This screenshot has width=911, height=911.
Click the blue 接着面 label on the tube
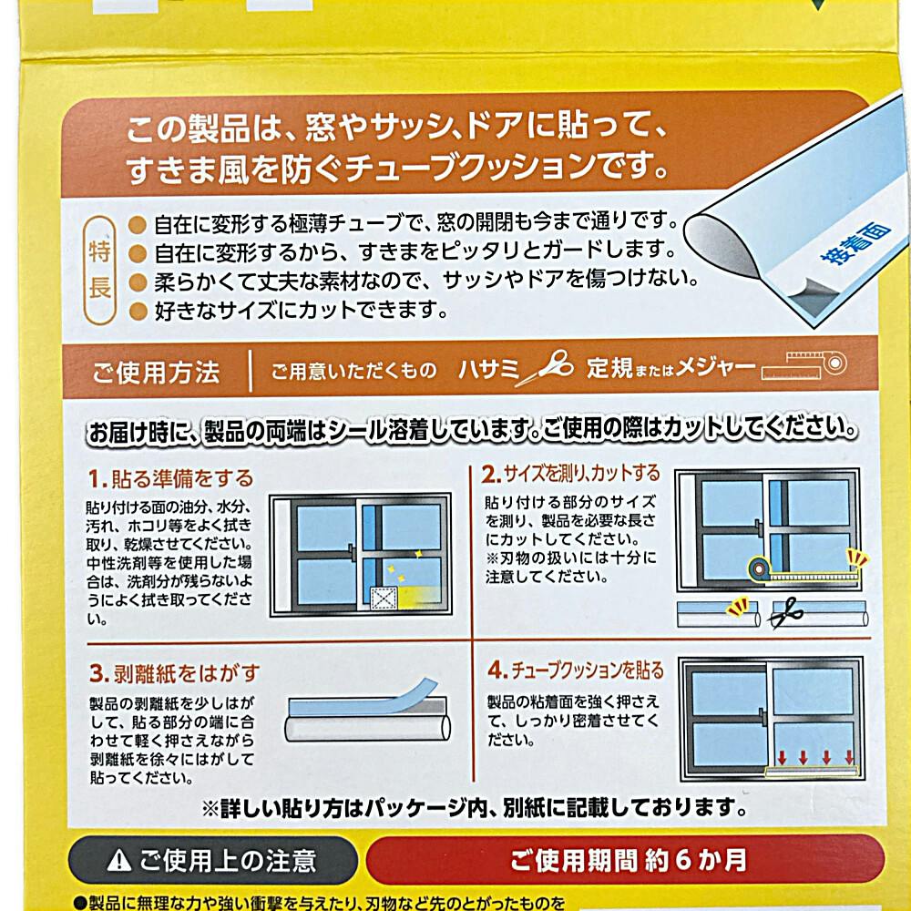pos(855,241)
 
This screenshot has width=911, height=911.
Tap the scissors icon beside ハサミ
pos(544,367)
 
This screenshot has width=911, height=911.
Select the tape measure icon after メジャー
pos(804,366)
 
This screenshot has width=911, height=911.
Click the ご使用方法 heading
pos(156,373)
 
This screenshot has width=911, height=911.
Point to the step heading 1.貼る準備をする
pos(171,479)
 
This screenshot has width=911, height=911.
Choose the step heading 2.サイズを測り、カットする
pos(570,474)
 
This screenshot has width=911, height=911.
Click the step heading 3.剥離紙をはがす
pos(174,673)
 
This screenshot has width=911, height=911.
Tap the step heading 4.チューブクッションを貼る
pos(576,670)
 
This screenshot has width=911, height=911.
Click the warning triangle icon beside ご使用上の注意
pos(118,861)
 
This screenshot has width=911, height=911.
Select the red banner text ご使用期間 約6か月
pos(628,861)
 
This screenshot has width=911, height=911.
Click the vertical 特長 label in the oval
pos(99,270)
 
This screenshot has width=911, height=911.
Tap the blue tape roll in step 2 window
pos(758,568)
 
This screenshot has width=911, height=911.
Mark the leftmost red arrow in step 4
pos(782,757)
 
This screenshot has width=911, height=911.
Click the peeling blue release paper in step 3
pos(372,696)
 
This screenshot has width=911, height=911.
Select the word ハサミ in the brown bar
pos(488,368)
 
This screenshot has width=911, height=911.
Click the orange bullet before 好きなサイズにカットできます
pos(138,311)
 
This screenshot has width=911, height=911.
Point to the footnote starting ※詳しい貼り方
pos(474,807)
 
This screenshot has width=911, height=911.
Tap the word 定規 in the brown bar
pos(609,367)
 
